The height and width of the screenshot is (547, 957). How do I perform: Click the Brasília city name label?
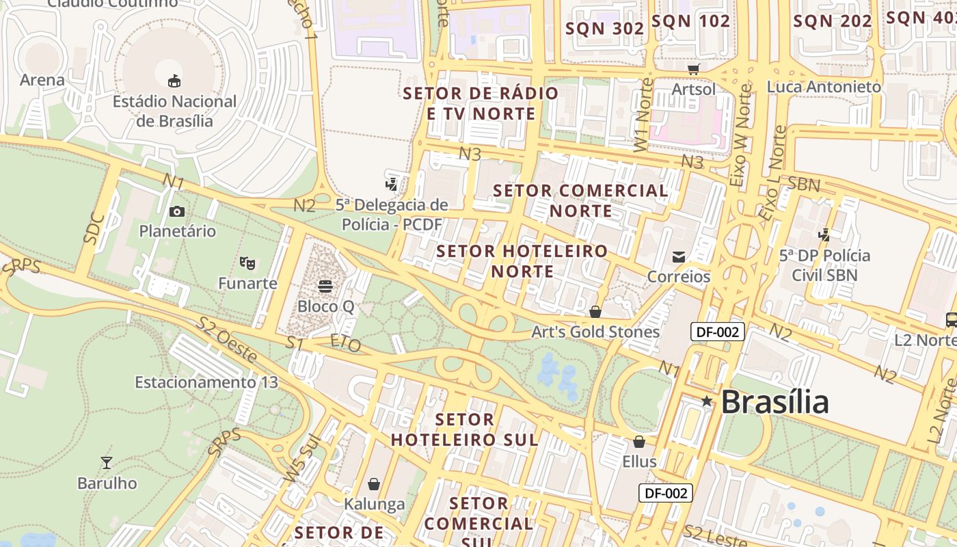coord(774,401)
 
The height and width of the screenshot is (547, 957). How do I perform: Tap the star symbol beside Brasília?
coord(707,401)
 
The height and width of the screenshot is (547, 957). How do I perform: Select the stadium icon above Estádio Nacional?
coord(174,81)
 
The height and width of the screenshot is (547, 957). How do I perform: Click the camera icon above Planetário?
coord(177,211)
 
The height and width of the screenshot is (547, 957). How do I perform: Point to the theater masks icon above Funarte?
coord(247,263)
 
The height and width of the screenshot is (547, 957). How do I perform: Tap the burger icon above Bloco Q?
coord(325,285)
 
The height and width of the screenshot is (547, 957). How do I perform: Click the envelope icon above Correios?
coord(679,257)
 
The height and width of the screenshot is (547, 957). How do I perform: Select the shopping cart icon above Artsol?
coord(694,69)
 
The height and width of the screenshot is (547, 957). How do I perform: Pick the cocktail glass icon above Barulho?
coord(107,463)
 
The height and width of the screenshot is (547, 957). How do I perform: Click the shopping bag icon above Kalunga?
coord(374,484)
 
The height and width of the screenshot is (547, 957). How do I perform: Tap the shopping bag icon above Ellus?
coord(639,442)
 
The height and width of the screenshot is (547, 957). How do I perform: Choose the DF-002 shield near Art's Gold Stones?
coord(717,332)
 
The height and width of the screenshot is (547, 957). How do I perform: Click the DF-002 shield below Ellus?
coord(666,493)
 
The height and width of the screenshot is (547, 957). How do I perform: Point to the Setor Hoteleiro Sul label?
coord(465,429)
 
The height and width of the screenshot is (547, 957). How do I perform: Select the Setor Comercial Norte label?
coord(580,200)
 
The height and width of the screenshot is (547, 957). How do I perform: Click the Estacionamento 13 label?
coord(206,382)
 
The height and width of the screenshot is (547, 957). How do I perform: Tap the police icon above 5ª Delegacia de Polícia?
coord(392,184)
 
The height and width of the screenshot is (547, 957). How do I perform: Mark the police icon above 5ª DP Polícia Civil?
coord(824,235)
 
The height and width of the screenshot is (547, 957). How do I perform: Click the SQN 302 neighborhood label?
coord(605,28)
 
